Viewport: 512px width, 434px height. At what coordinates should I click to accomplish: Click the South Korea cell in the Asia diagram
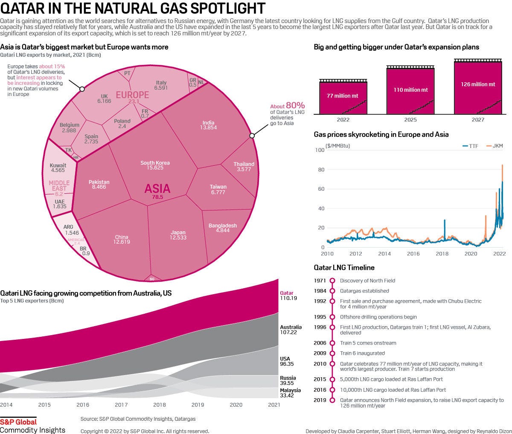pos(155,165)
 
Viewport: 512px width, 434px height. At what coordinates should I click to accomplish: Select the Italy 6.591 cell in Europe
pos(161,85)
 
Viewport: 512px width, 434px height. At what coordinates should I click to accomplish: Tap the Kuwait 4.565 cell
pos(58,168)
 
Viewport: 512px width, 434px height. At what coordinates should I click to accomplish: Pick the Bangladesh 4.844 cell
pos(223,228)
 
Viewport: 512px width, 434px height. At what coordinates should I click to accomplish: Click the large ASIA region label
pos(157,189)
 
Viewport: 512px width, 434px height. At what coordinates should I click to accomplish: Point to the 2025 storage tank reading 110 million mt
pos(410,90)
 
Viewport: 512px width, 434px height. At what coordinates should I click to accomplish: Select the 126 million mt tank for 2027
pos(478,84)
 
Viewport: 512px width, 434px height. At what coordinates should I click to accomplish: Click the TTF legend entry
pos(470,146)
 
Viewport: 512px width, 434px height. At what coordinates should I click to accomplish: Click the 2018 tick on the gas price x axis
pos(442,254)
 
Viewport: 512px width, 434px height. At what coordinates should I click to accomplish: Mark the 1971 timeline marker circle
pos(332,281)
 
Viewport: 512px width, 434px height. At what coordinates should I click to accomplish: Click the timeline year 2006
pos(320,343)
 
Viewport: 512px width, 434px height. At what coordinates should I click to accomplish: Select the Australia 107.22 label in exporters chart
pos(291,330)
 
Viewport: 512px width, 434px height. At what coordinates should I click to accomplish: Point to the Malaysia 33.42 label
pos(290,393)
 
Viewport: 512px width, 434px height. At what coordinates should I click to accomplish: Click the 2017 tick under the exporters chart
pos(121,405)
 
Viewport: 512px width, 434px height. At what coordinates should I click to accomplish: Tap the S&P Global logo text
pos(18,422)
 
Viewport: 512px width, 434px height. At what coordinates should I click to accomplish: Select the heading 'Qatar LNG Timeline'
pos(344,268)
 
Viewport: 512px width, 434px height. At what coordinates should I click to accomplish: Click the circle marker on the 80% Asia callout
pos(252,136)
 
